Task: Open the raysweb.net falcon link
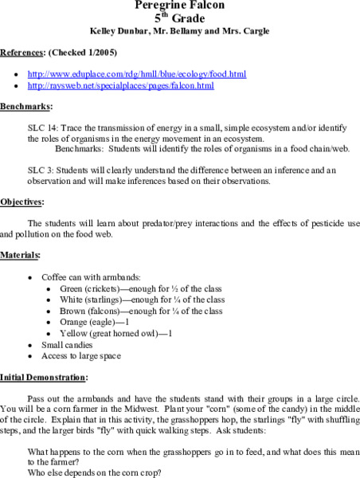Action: point(120,84)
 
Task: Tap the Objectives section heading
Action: point(22,202)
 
